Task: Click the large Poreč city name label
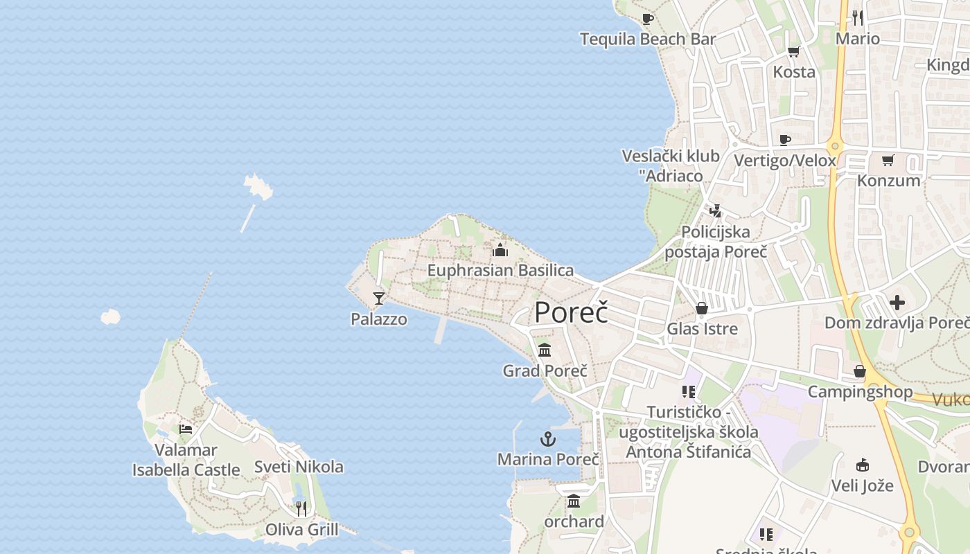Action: click(x=571, y=312)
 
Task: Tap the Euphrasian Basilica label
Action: click(x=500, y=270)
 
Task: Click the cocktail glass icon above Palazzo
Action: click(x=378, y=298)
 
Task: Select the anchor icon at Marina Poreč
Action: click(x=548, y=439)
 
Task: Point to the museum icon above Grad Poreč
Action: click(x=545, y=350)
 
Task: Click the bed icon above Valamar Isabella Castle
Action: click(x=186, y=429)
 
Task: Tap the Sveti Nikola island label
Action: click(x=299, y=466)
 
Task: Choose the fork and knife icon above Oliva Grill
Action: click(x=301, y=509)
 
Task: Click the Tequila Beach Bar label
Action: click(x=647, y=39)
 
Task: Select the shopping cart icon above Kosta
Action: click(x=794, y=52)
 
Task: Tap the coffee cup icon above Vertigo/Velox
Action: click(x=784, y=141)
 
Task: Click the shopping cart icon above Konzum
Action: click(x=888, y=161)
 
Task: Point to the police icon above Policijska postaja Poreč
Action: click(x=716, y=211)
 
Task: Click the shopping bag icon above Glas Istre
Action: click(x=702, y=308)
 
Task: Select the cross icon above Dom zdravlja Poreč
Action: click(x=897, y=303)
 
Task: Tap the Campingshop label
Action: click(x=860, y=392)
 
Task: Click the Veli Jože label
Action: click(x=863, y=485)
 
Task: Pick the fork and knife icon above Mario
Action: click(x=858, y=17)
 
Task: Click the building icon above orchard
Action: click(x=574, y=501)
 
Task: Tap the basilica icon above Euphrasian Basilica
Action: click(x=500, y=250)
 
